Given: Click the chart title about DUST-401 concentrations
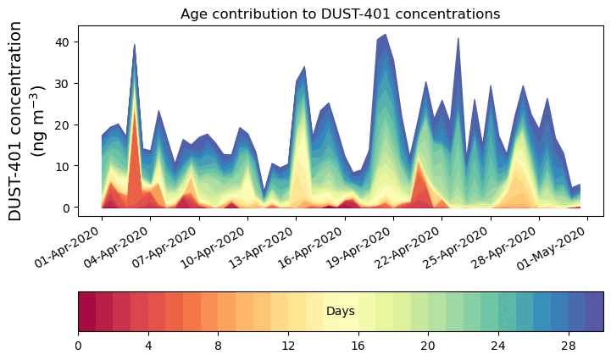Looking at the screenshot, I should (340, 14).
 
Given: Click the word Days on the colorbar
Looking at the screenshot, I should (340, 312).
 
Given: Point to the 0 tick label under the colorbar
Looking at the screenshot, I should (78, 346).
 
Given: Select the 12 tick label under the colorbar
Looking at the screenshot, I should (288, 346).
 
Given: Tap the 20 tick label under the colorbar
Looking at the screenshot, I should (428, 346).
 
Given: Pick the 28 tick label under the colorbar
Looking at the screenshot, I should (568, 346).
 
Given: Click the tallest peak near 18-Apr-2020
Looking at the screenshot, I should (386, 35).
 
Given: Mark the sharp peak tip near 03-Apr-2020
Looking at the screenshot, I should (134, 44).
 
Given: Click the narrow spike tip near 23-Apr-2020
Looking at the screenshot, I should (458, 38).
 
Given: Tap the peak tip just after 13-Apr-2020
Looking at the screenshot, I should (304, 66).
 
